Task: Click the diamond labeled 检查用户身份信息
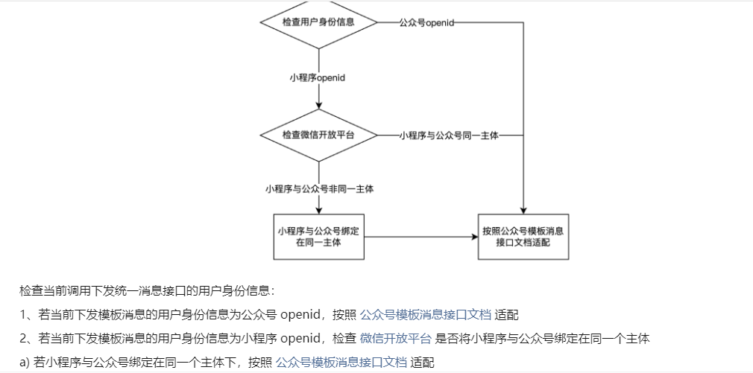click(318, 22)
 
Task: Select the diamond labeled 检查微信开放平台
click(318, 136)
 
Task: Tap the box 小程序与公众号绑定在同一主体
click(319, 237)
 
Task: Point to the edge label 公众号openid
click(426, 23)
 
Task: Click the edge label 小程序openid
click(318, 77)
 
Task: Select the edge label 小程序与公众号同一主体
click(448, 136)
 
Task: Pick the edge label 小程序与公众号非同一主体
click(319, 189)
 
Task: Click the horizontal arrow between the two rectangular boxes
click(420, 237)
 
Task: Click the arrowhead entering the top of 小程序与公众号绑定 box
click(319, 210)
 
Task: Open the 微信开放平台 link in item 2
click(395, 339)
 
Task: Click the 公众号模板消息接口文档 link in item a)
click(341, 363)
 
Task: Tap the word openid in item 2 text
click(302, 339)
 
